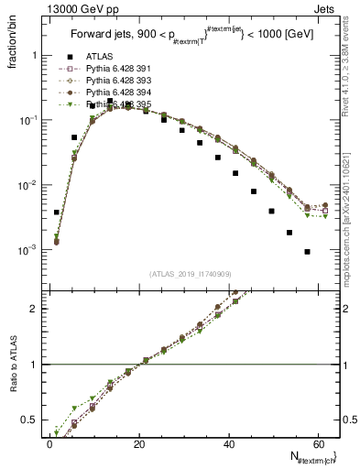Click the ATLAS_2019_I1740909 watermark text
click(190, 273)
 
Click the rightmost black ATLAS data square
click(308, 251)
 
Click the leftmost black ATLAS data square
click(57, 212)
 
